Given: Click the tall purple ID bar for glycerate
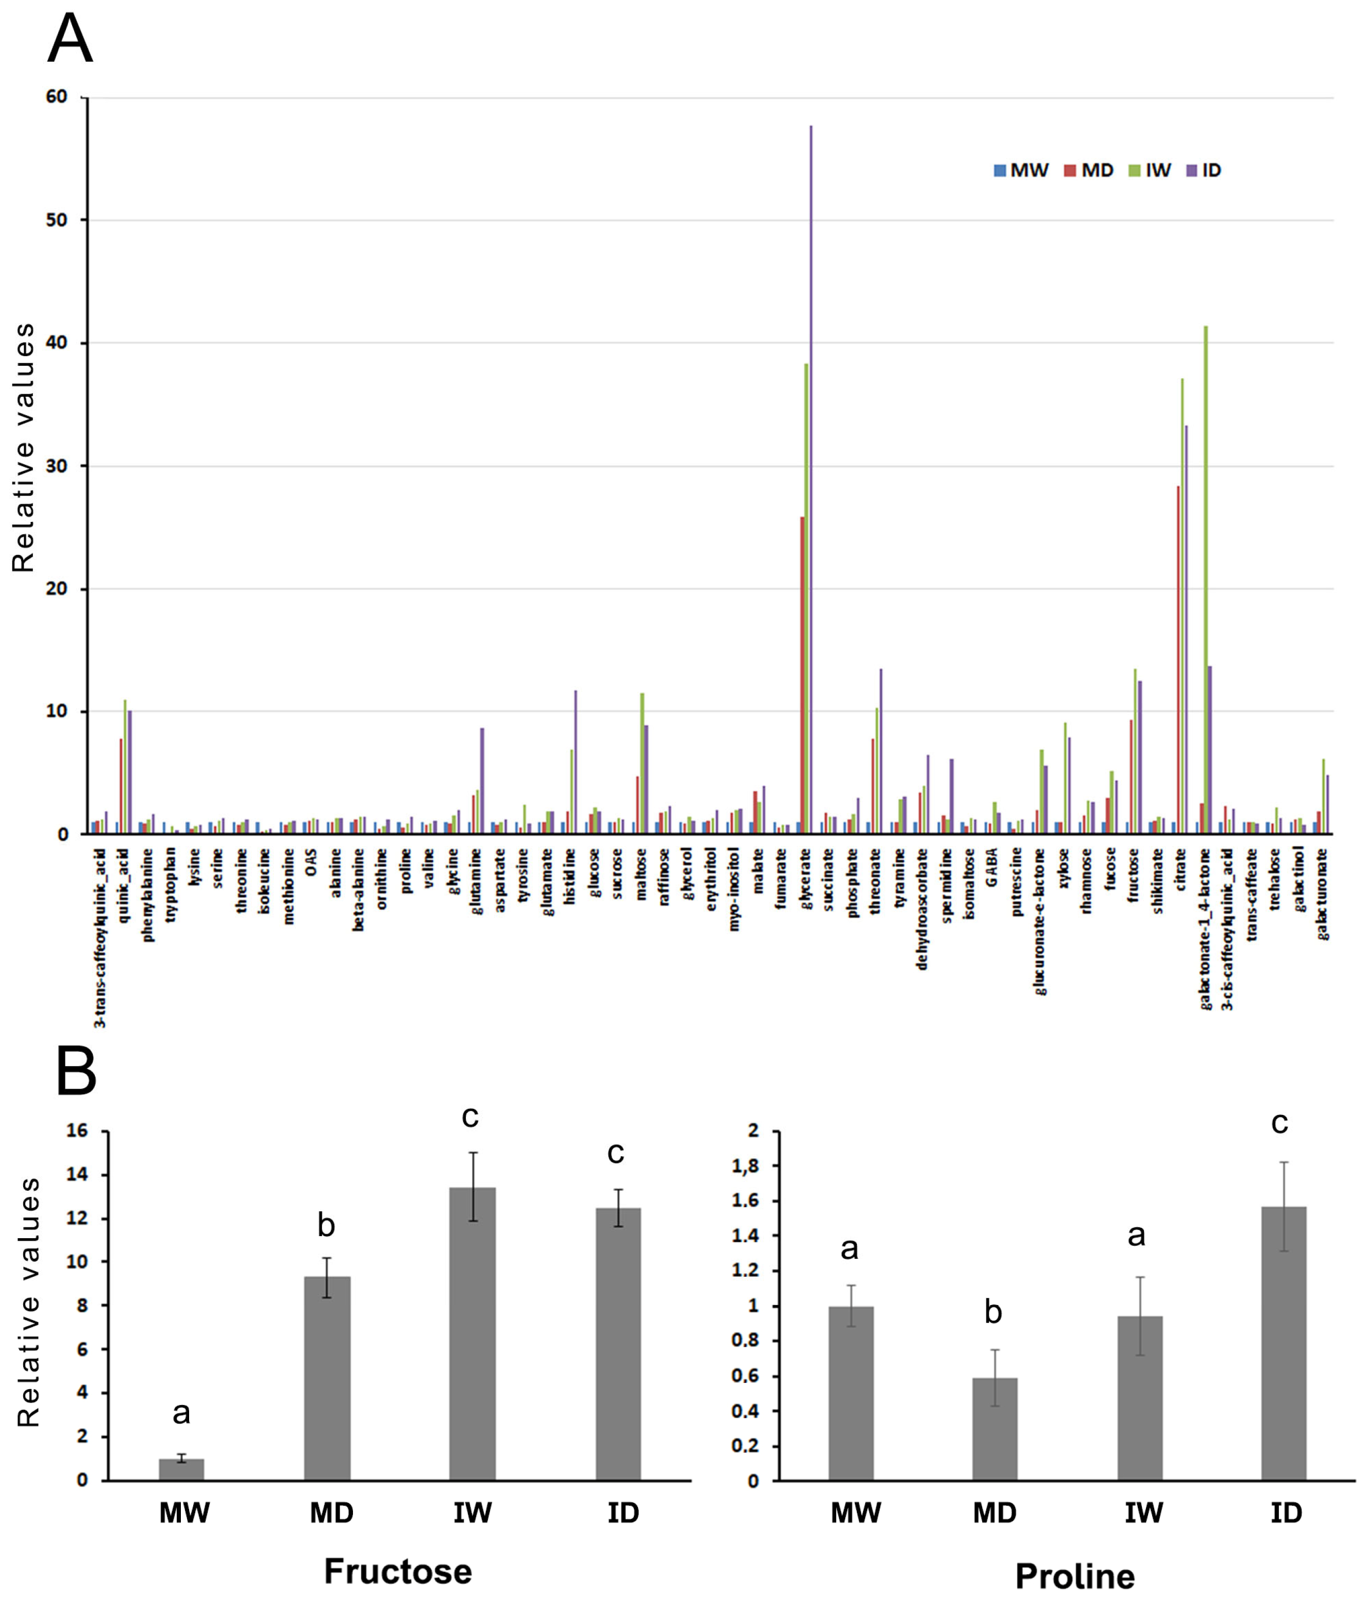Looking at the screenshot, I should coord(811,480).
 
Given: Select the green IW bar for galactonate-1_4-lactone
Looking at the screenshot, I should coord(1206,580).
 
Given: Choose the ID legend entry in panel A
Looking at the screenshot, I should coord(1204,170).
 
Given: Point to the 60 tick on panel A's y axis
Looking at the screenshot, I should coord(57,97).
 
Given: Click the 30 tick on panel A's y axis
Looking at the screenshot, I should coord(57,466).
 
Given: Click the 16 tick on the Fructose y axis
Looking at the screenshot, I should coord(78,1131).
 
